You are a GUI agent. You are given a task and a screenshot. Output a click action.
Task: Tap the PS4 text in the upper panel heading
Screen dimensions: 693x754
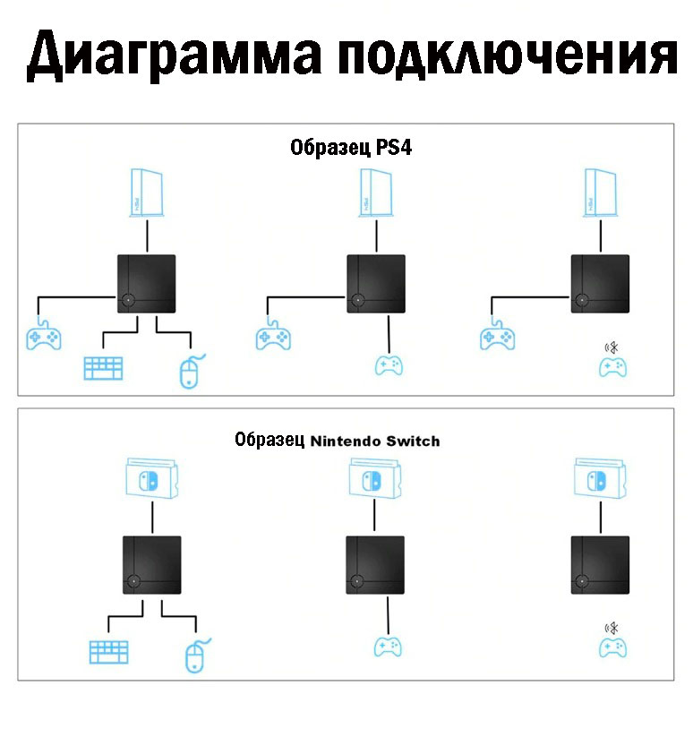pyautogui.click(x=393, y=147)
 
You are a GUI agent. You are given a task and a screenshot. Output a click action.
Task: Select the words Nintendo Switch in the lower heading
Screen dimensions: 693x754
pyautogui.click(x=375, y=441)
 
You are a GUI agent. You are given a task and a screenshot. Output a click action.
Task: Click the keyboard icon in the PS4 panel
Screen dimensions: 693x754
pyautogui.click(x=103, y=368)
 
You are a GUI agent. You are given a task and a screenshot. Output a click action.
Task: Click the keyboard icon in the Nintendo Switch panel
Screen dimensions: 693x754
pyautogui.click(x=109, y=652)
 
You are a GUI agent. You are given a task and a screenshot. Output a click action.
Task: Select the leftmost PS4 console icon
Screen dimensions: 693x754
pyautogui.click(x=147, y=193)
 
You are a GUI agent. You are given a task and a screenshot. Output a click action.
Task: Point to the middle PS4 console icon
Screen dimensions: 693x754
pyautogui.click(x=376, y=193)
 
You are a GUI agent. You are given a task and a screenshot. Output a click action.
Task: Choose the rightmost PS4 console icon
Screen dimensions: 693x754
pyautogui.click(x=600, y=193)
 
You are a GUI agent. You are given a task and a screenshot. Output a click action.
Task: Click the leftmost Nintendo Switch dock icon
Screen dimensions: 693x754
pyautogui.click(x=152, y=478)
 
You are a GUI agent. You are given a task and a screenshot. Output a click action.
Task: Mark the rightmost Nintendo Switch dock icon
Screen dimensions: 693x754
pyautogui.click(x=600, y=478)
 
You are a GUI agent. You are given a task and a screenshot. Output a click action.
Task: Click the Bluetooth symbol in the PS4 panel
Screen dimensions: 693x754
pyautogui.click(x=612, y=347)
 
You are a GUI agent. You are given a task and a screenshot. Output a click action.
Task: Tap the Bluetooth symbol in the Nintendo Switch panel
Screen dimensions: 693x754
pyautogui.click(x=612, y=628)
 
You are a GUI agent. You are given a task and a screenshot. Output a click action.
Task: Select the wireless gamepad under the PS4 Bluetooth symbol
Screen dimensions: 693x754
pyautogui.click(x=612, y=368)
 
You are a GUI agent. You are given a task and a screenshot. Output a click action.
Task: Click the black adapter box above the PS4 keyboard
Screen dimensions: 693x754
pyautogui.click(x=147, y=284)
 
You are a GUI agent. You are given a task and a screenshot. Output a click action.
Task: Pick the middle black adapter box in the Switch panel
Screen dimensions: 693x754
pyautogui.click(x=375, y=565)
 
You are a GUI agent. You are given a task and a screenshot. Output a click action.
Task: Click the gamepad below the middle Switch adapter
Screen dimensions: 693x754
pyautogui.click(x=388, y=647)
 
